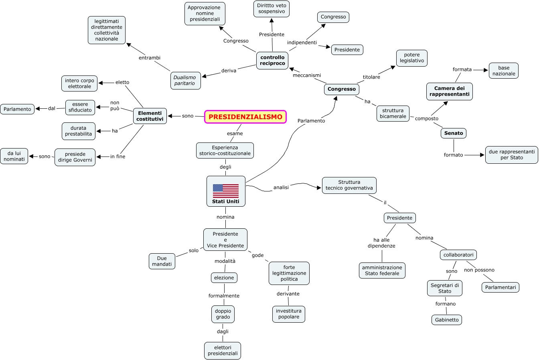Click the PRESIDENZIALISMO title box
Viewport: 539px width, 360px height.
pyautogui.click(x=245, y=117)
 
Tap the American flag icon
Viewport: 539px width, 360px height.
pyautogui.click(x=225, y=190)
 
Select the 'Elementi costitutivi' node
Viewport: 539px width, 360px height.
pyautogui.click(x=150, y=116)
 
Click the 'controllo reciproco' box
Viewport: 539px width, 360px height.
pyautogui.click(x=272, y=60)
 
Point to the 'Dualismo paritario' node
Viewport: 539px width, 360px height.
pyautogui.click(x=185, y=80)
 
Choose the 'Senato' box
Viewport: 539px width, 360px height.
pyautogui.click(x=454, y=133)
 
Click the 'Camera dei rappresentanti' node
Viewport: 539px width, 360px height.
pyautogui.click(x=449, y=92)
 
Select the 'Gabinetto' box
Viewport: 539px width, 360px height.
pyautogui.click(x=447, y=320)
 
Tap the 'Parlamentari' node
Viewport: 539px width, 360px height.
pyautogui.click(x=500, y=287)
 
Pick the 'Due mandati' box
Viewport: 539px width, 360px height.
pyautogui.click(x=162, y=261)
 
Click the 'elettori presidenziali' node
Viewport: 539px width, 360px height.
pyautogui.click(x=223, y=351)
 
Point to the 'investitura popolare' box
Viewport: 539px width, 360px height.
pyautogui.click(x=289, y=314)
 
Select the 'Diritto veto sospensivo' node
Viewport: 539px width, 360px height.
pyautogui.click(x=272, y=8)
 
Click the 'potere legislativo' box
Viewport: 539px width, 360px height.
pyautogui.click(x=412, y=58)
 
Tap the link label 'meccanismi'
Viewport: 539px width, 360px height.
pyautogui.click(x=307, y=75)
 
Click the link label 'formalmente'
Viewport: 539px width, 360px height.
pyautogui.click(x=224, y=296)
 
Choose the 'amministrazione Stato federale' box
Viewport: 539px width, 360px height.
pyautogui.click(x=382, y=271)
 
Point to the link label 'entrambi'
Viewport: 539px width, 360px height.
pyautogui.click(x=150, y=58)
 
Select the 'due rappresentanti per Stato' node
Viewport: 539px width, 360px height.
pyautogui.click(x=512, y=155)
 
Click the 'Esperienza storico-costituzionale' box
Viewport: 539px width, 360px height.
pyautogui.click(x=225, y=151)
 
